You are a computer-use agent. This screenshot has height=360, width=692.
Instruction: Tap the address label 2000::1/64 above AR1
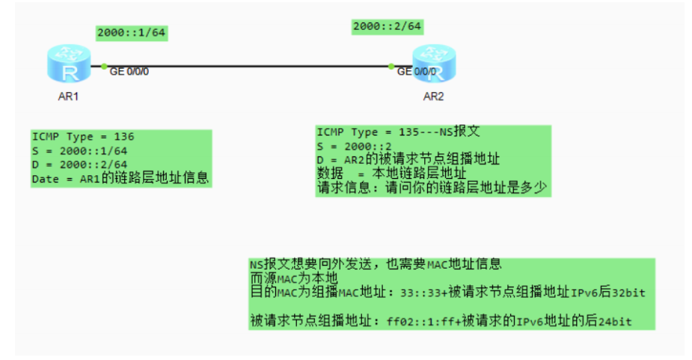click(131, 33)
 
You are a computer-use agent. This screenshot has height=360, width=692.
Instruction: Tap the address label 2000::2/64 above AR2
click(388, 26)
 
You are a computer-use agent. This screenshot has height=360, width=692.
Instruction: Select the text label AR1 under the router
click(68, 97)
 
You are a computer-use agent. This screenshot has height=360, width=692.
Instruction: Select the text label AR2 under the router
click(434, 97)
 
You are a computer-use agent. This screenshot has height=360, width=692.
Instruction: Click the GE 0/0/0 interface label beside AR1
click(129, 72)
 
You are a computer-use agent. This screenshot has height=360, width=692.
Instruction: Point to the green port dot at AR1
click(104, 67)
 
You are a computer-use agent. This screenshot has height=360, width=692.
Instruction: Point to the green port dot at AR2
click(391, 67)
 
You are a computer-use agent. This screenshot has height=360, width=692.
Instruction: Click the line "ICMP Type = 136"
click(82, 137)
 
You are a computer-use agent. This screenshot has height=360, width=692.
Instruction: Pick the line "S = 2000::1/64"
click(79, 150)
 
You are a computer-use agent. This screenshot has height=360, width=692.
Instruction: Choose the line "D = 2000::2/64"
click(79, 164)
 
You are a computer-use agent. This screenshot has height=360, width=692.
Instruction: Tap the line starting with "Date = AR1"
click(120, 178)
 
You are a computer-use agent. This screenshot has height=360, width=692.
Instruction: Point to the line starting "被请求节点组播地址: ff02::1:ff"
click(441, 321)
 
